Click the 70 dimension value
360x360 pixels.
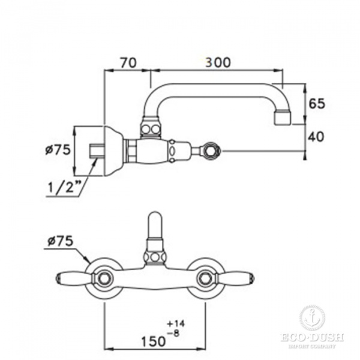coord(128,62)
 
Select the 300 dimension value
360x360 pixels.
coord(218,62)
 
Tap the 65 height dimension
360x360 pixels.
coord(317,104)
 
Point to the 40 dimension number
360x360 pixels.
coord(316,137)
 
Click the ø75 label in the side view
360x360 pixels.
coord(58,150)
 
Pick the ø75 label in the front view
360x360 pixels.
coord(61,241)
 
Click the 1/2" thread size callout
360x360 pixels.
coord(62,187)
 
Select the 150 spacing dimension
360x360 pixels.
coord(153,341)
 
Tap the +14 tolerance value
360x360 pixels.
coord(176,324)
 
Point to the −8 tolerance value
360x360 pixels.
coord(173,333)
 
